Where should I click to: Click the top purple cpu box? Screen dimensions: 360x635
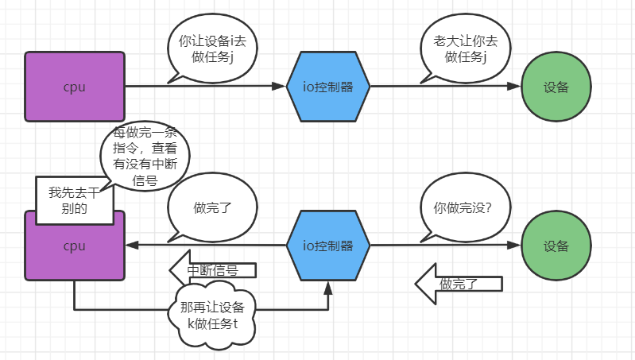[x=75, y=87]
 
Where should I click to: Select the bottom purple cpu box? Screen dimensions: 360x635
[x=75, y=246]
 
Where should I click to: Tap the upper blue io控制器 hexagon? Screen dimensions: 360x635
[x=328, y=87]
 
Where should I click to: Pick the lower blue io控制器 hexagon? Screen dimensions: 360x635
[x=328, y=246]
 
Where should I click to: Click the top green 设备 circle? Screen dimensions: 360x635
[x=556, y=87]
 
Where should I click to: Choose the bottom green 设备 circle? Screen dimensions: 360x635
[x=556, y=246]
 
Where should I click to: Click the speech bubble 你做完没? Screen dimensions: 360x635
[x=462, y=208]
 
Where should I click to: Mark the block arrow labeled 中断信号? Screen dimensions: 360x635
[x=213, y=270]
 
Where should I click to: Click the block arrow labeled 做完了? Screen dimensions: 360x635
[x=459, y=284]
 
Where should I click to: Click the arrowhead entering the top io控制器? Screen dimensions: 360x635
[x=280, y=87]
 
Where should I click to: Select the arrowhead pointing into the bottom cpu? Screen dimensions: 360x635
[x=132, y=246]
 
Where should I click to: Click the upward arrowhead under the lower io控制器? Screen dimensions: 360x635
[x=328, y=286]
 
